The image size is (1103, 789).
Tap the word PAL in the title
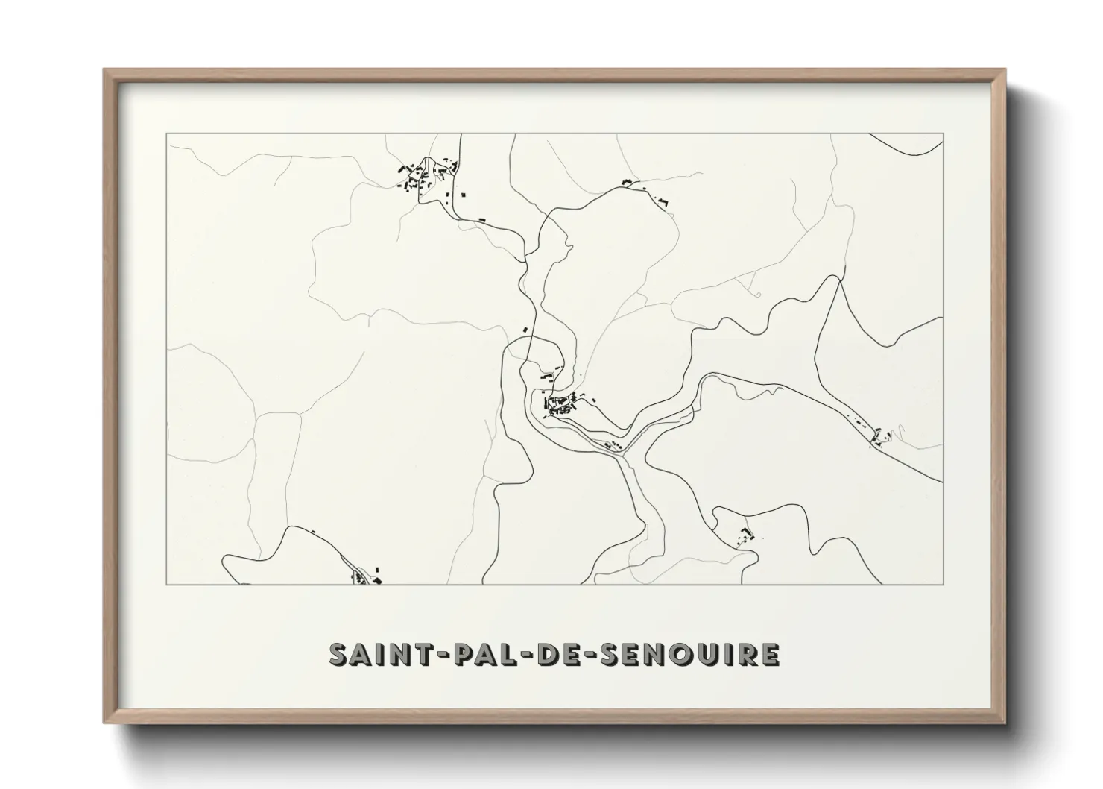pyautogui.click(x=474, y=654)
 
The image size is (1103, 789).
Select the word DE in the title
pyautogui.click(x=556, y=654)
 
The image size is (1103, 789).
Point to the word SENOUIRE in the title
pyautogui.click(x=688, y=654)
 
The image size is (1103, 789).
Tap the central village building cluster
pyautogui.click(x=563, y=404)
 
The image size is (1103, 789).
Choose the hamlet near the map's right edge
pyautogui.click(x=879, y=436)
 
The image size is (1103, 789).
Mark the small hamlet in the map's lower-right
pyautogui.click(x=746, y=535)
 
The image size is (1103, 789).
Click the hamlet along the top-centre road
pyautogui.click(x=644, y=190)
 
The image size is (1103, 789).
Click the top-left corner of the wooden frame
pyautogui.click(x=105, y=70)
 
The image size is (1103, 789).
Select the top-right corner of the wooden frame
pyautogui.click(x=1005, y=70)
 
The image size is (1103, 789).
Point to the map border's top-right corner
pyautogui.click(x=944, y=134)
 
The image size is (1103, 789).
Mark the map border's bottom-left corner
pyautogui.click(x=167, y=584)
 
